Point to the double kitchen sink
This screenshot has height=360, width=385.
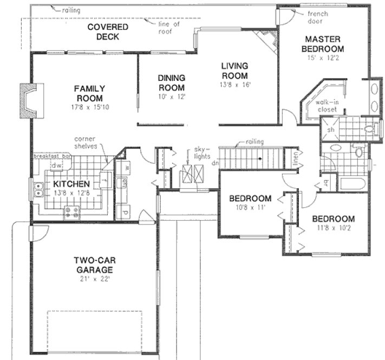pyautogui.click(x=39, y=190)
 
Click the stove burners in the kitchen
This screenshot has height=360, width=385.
pyautogui.click(x=71, y=211)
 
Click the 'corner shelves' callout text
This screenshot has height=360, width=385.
pyautogui.click(x=87, y=142)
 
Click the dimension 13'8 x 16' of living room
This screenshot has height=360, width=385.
pyautogui.click(x=234, y=85)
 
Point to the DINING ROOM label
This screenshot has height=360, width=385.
pyautogui.click(x=171, y=82)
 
